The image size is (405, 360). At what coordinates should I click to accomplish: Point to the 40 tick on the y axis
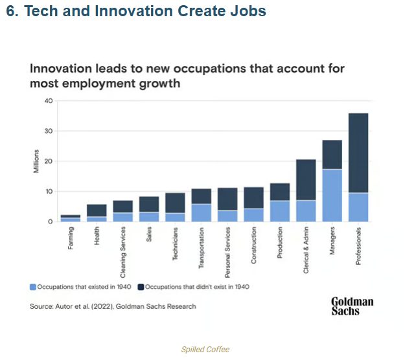tap(48, 101)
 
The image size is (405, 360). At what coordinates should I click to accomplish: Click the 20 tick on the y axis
tap(48, 161)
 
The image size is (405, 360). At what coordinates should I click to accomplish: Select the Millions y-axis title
tap(37, 161)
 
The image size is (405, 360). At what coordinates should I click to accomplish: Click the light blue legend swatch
tap(32, 286)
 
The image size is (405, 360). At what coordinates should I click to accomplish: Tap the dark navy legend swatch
tap(141, 286)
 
